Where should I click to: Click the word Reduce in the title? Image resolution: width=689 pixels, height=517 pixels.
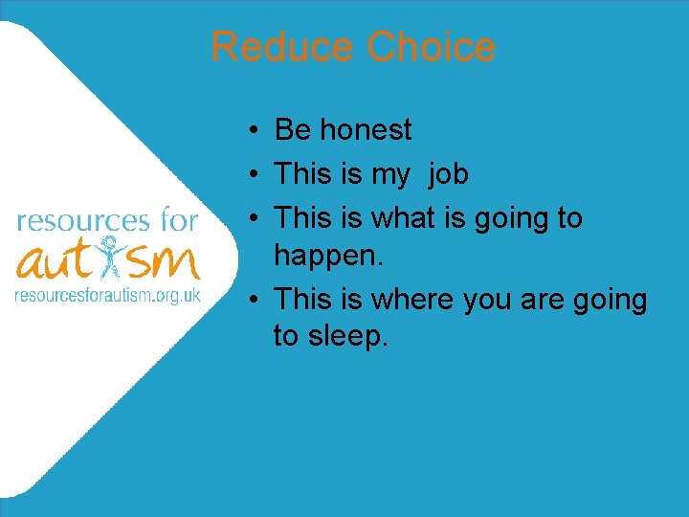click(283, 47)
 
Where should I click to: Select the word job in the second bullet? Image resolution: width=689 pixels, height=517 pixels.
click(449, 174)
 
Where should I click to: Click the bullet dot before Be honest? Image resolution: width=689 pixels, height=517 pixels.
click(247, 130)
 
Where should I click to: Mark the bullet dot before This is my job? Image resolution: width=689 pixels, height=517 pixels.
click(247, 174)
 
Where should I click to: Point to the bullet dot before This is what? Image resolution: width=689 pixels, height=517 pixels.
click(247, 218)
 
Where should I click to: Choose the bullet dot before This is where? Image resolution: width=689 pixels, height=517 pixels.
click(247, 300)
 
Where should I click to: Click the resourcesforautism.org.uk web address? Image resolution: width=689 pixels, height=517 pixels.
click(107, 295)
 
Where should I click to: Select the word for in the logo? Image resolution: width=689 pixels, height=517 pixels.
click(176, 221)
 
